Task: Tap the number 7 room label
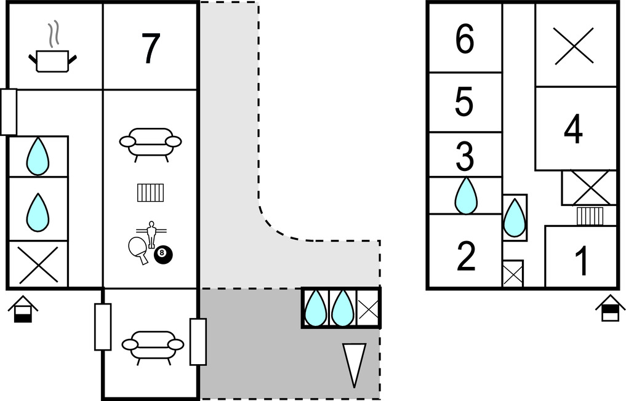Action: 151,49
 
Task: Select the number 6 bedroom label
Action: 465,39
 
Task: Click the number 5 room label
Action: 464,102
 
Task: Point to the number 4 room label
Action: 573,129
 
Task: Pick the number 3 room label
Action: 465,156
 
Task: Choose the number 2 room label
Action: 465,256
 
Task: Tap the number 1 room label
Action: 582,261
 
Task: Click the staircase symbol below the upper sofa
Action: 151,193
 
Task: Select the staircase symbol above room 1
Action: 590,216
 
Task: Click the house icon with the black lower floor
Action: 23,309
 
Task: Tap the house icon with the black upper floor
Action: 611,308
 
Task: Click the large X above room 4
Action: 574,46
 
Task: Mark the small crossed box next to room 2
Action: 513,274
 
